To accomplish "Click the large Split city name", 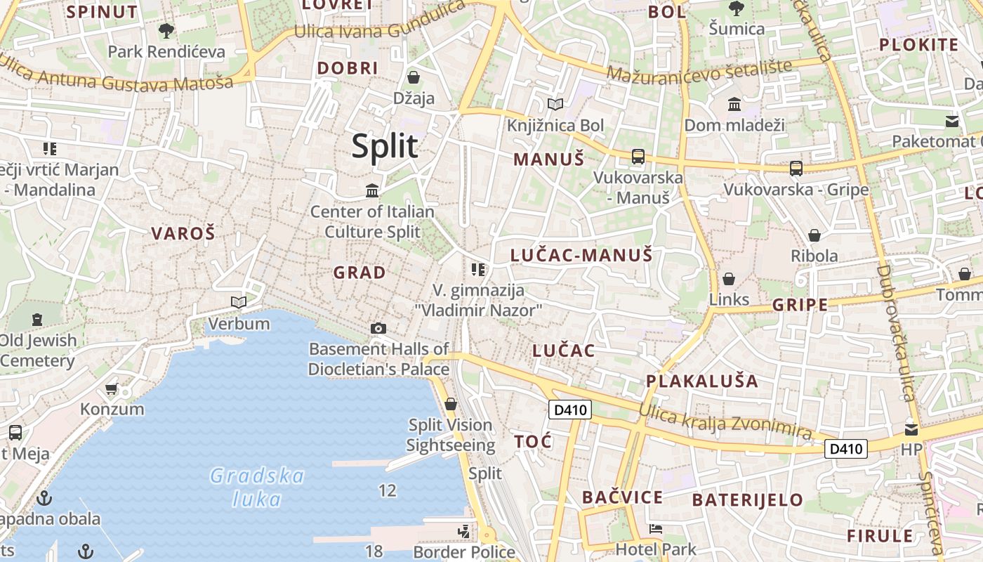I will (x=385, y=146).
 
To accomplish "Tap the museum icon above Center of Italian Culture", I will (x=372, y=190).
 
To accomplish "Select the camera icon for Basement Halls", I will (x=378, y=328).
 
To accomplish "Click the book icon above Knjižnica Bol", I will (x=555, y=105).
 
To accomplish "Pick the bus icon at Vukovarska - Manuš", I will (x=638, y=157).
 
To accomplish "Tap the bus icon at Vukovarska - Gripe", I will (x=796, y=169).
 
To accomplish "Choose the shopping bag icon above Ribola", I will (x=814, y=235).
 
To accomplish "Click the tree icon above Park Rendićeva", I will (x=166, y=30).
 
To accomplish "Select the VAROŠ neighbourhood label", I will (x=183, y=234).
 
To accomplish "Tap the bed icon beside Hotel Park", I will (x=655, y=528).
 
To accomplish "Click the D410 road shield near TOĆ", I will (x=569, y=410).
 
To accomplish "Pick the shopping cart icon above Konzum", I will (x=111, y=388).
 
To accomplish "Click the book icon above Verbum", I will (x=239, y=302).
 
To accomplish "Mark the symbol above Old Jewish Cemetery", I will (x=37, y=320).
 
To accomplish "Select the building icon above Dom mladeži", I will (x=734, y=105).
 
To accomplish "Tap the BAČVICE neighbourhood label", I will (x=622, y=497).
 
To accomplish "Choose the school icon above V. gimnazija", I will (x=479, y=269).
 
